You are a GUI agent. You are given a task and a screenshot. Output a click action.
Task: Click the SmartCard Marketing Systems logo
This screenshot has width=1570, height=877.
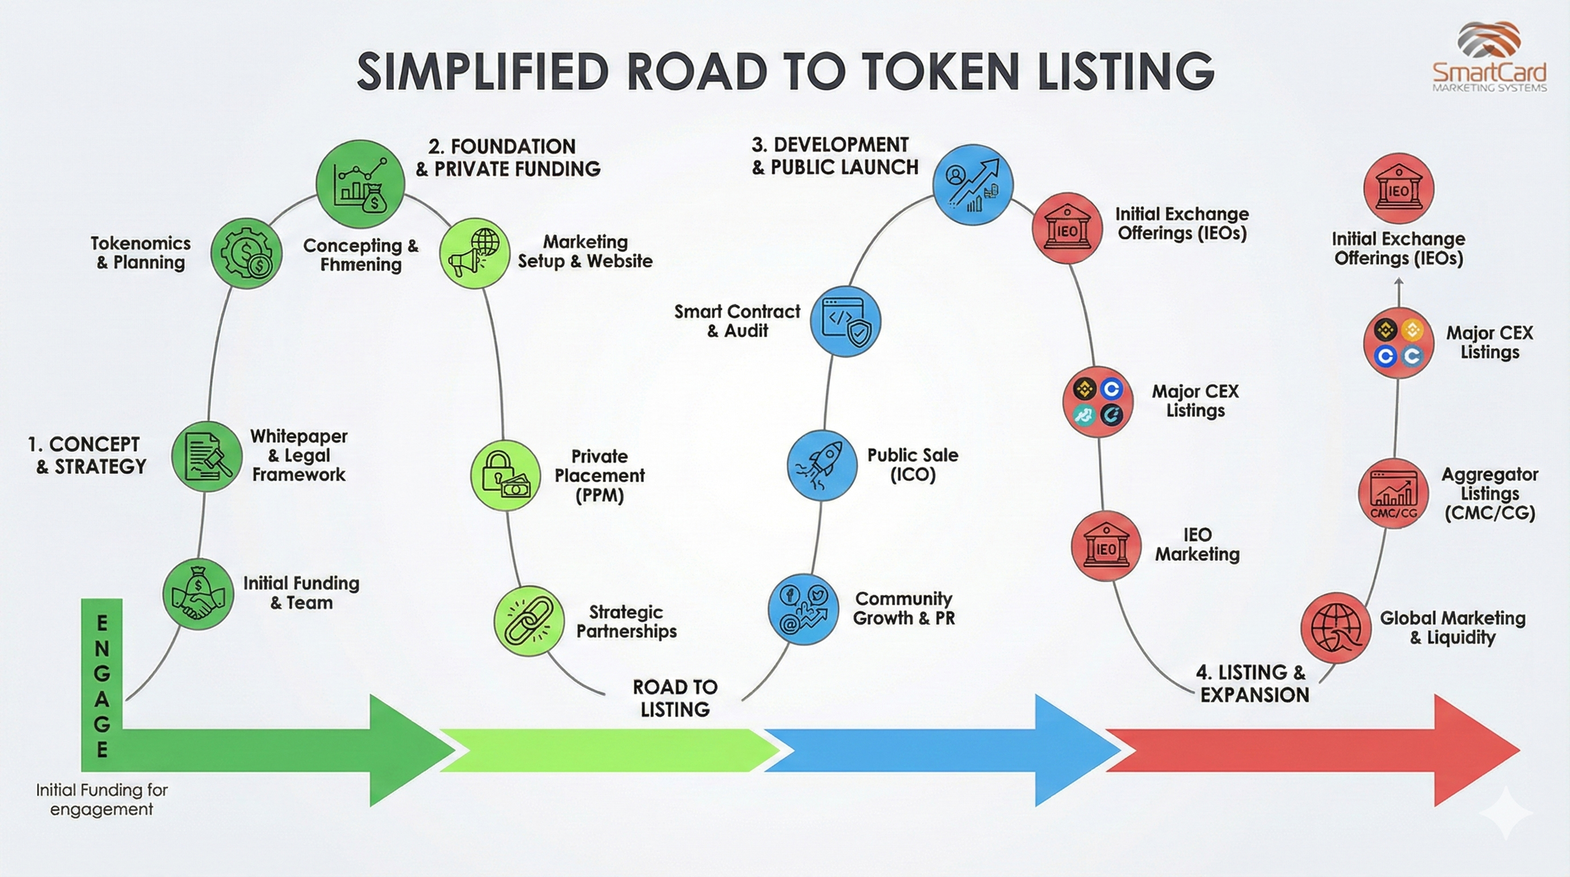point(1489,57)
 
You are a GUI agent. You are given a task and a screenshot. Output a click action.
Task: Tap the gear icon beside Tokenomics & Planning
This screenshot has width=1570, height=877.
point(246,254)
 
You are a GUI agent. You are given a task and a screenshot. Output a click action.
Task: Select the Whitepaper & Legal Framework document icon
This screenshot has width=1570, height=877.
point(206,457)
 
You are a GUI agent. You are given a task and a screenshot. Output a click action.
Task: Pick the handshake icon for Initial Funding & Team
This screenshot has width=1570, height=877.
point(198,594)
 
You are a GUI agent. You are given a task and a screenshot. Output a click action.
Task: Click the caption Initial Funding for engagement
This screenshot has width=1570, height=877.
point(101,799)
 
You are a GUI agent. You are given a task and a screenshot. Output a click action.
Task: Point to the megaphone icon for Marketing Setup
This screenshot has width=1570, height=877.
point(474,254)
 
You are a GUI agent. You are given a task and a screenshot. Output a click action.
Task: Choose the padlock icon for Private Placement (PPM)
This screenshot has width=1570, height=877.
point(505,475)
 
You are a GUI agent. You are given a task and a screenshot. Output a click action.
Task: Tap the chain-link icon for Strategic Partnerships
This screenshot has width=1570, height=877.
point(529,620)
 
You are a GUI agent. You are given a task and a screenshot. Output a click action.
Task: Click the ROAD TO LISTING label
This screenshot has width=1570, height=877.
point(675,698)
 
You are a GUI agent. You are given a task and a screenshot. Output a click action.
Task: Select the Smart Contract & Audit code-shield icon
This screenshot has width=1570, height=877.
point(845,321)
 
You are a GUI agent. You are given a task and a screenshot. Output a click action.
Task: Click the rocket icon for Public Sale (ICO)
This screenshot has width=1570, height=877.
point(821,465)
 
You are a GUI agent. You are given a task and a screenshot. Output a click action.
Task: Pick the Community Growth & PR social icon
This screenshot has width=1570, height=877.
point(803,609)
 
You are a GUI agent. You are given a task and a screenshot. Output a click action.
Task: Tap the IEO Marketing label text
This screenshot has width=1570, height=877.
point(1197,545)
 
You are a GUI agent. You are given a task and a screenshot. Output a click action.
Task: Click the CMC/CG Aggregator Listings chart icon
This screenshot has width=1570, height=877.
point(1393,494)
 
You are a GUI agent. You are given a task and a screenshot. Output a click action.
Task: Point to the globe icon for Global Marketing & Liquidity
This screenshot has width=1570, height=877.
point(1335,627)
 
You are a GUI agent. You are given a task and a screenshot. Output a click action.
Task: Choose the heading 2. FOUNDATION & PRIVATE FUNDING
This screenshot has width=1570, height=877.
point(507,157)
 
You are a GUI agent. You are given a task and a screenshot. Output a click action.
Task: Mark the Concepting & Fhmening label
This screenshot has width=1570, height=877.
point(361,255)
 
